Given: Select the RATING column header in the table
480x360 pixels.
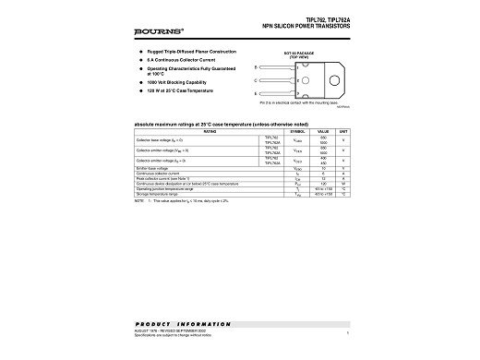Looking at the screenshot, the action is click(x=192, y=132).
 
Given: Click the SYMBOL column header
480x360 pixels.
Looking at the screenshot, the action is click(x=297, y=132).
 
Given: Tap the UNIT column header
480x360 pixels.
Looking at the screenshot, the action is click(x=342, y=132).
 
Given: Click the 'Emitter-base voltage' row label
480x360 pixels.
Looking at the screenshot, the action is click(x=150, y=169).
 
